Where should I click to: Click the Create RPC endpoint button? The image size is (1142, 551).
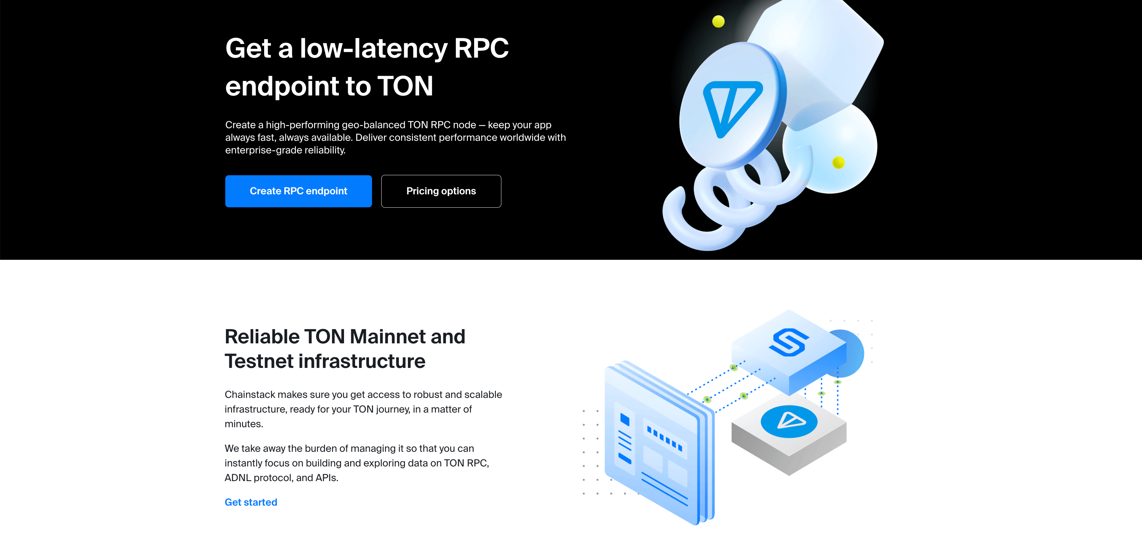coord(298,191)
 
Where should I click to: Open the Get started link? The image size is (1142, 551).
coord(251,502)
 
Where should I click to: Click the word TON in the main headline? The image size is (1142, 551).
coord(405,86)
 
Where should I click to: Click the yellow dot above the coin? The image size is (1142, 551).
coord(718,21)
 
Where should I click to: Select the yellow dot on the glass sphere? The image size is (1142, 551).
coord(838,163)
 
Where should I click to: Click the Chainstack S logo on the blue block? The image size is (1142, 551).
coord(789,342)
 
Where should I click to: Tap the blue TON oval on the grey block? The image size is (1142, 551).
coord(789,421)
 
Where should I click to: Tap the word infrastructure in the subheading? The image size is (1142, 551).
coord(362,361)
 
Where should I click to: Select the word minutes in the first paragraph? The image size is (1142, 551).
coord(244,424)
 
